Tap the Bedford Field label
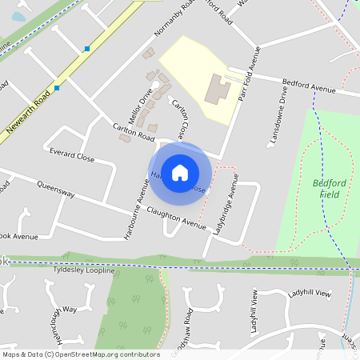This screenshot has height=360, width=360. [x=329, y=188]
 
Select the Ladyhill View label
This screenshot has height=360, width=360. [x=310, y=294]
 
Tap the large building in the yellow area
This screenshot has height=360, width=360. [x=217, y=89]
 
